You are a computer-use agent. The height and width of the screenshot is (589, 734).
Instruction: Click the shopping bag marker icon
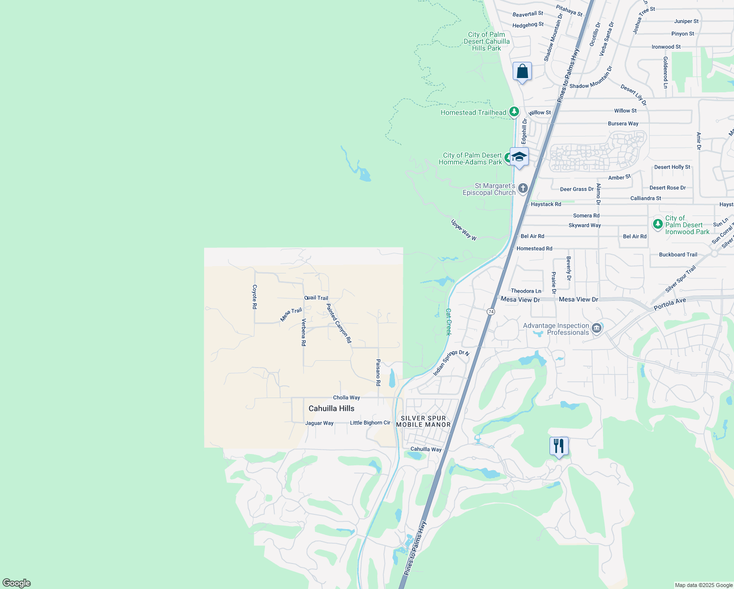coord(523,72)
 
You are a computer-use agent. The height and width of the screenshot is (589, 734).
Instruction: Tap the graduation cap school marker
coord(519,157)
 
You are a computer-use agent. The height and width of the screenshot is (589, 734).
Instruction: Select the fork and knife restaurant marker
coord(559,446)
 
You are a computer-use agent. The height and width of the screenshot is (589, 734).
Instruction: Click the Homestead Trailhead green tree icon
coord(514,112)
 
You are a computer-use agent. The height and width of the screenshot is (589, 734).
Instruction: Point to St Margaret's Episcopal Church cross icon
coord(523,188)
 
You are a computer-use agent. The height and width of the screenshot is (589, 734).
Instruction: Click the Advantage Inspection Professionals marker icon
coord(597,328)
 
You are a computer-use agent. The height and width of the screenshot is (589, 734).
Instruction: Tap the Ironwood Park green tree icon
coord(658,224)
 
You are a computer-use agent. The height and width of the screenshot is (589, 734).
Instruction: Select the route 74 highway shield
coord(491,312)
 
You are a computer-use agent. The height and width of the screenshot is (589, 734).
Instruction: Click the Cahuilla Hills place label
coord(331,408)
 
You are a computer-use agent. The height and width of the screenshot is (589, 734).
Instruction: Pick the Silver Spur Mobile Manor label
coord(423,422)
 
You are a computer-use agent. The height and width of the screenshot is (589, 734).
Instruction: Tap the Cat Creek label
coord(448,321)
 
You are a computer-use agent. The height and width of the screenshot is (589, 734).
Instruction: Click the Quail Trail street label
coord(316,298)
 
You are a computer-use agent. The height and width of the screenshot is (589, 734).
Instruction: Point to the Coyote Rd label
coord(255,296)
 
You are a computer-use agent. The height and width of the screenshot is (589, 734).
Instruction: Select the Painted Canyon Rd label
coord(339,323)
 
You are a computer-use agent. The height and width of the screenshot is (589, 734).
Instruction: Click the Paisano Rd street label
coord(378,372)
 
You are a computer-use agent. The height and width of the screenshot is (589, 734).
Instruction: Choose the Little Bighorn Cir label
coord(370,423)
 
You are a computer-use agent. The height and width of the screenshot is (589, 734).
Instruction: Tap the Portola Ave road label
coord(670,304)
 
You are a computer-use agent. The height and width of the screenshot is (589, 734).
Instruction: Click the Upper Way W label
coord(464,230)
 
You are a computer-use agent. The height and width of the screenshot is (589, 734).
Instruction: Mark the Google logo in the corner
coord(17,583)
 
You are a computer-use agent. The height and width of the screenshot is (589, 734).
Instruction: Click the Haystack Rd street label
coord(546,204)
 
